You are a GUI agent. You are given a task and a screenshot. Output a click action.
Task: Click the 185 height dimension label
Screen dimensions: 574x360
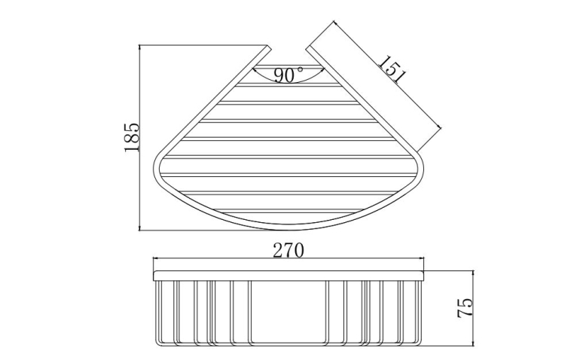(132, 137)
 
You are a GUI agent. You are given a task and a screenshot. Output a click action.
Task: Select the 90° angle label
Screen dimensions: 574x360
(289, 75)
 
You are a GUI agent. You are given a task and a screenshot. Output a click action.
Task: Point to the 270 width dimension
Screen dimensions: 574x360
(288, 251)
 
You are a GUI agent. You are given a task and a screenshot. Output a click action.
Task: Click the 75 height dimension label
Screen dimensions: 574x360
(466, 309)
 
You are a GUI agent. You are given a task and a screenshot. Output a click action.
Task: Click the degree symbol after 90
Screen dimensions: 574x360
(301, 69)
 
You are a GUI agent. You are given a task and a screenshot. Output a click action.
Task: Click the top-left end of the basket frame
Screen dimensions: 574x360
(269, 47)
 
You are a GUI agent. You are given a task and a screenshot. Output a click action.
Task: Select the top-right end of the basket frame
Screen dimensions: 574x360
(310, 48)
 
